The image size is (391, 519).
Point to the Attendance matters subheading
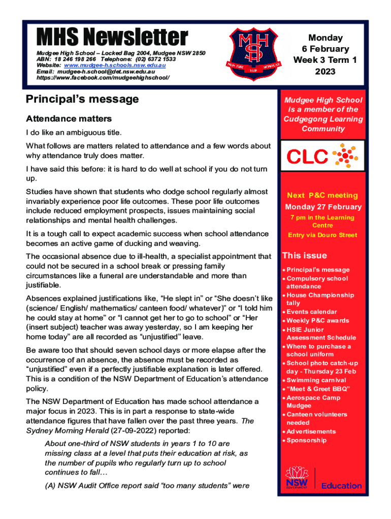[69, 119]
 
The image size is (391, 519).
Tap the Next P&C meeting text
[322, 195]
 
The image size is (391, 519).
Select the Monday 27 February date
[323, 207]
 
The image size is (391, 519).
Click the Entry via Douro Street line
[322, 235]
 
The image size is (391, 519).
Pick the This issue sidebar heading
[305, 255]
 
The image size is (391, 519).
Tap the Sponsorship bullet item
[307, 440]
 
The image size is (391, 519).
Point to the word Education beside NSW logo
[341, 486]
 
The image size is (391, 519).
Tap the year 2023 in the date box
[325, 71]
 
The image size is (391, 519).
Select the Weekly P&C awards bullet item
[318, 320]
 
